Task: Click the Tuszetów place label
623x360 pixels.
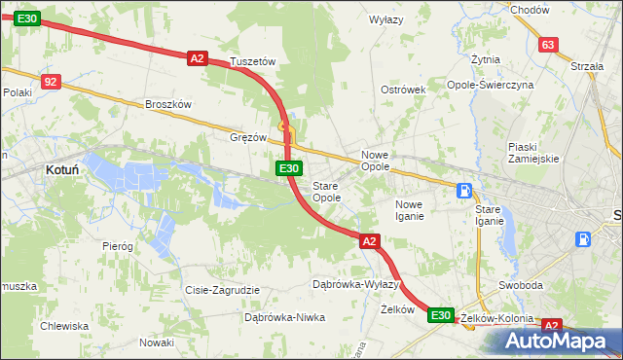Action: [253, 61]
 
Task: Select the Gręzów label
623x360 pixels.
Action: [248, 137]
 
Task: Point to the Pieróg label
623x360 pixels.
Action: [117, 246]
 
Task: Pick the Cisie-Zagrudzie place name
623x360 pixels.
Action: [222, 290]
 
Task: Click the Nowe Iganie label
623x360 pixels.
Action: [409, 210]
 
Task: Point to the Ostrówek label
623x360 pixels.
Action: [404, 90]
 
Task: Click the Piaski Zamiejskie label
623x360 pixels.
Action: [531, 153]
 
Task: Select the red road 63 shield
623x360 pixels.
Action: [548, 45]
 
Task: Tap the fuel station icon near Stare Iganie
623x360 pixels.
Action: [466, 191]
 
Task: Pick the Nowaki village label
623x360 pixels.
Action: [156, 342]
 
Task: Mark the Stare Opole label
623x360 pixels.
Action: [326, 192]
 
